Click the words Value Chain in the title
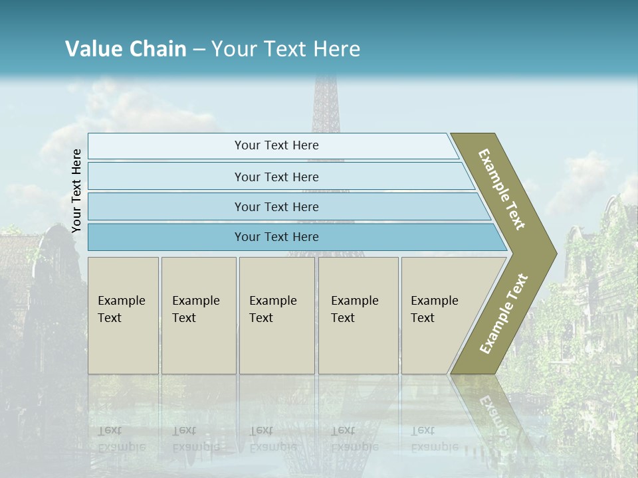(x=126, y=49)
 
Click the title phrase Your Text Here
(x=286, y=49)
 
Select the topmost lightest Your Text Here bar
(x=276, y=145)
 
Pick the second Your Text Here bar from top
(x=276, y=177)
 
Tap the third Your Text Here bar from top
(x=276, y=206)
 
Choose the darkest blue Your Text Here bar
(x=276, y=237)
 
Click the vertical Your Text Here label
(x=77, y=191)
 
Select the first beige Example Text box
(x=123, y=315)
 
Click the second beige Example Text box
(x=198, y=315)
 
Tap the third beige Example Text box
(x=276, y=315)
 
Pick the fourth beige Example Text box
(x=358, y=315)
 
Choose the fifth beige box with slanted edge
(x=439, y=315)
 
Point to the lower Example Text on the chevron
(x=504, y=313)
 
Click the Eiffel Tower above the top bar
(x=326, y=106)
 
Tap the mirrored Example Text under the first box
(x=121, y=438)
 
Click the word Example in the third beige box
(x=272, y=301)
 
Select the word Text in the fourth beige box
(x=343, y=318)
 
